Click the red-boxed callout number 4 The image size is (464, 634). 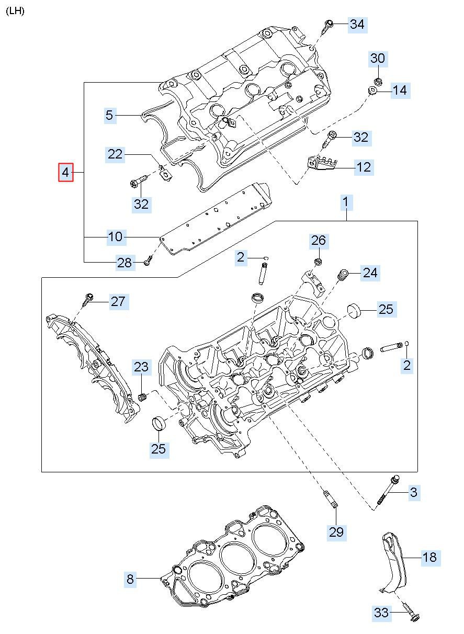click(65, 172)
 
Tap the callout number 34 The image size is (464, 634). click(357, 24)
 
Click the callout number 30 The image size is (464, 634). click(378, 59)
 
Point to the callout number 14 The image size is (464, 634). click(399, 90)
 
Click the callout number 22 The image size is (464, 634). click(115, 154)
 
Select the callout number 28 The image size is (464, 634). click(125, 263)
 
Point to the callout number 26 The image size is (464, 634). click(319, 240)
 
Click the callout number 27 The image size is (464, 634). click(118, 301)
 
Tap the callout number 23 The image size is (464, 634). click(141, 367)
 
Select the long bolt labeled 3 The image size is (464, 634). click(389, 489)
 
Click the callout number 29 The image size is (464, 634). click(336, 532)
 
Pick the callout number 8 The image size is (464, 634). click(130, 579)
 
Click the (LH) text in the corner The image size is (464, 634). click(15, 10)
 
